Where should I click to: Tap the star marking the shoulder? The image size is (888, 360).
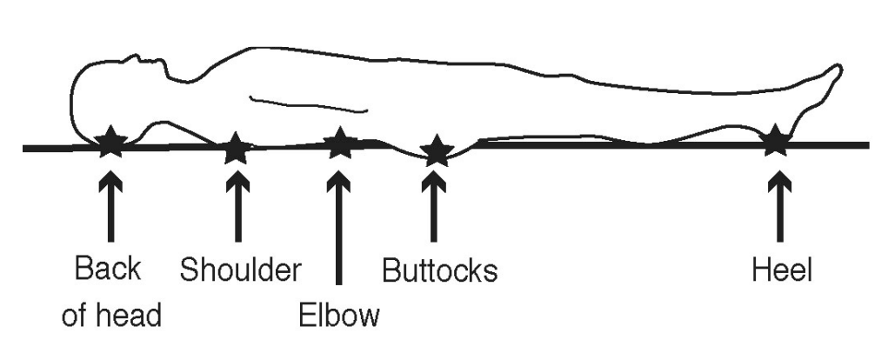[235, 149]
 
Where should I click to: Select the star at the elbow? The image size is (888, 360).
[340, 144]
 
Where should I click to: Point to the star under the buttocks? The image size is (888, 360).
[436, 152]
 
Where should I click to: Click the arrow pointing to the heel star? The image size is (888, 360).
[778, 209]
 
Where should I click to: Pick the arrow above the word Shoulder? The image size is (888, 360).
[236, 209]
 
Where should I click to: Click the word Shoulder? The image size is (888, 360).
[240, 270]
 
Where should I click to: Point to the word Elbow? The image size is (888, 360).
[339, 314]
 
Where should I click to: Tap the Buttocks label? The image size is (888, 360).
[440, 270]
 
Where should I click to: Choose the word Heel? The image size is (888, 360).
[781, 270]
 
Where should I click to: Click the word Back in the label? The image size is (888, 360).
[108, 270]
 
